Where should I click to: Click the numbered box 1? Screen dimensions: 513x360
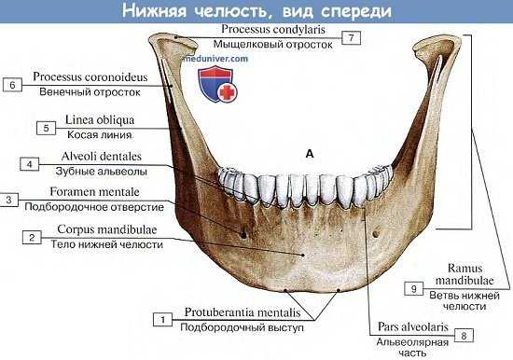click(162, 320)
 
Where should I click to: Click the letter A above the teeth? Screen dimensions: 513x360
click(308, 151)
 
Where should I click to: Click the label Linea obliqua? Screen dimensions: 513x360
click(89, 120)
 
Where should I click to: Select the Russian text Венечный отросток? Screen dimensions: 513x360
click(90, 92)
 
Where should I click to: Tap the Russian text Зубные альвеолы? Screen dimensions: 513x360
click(89, 171)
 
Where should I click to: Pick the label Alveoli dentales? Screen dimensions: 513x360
click(89, 158)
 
